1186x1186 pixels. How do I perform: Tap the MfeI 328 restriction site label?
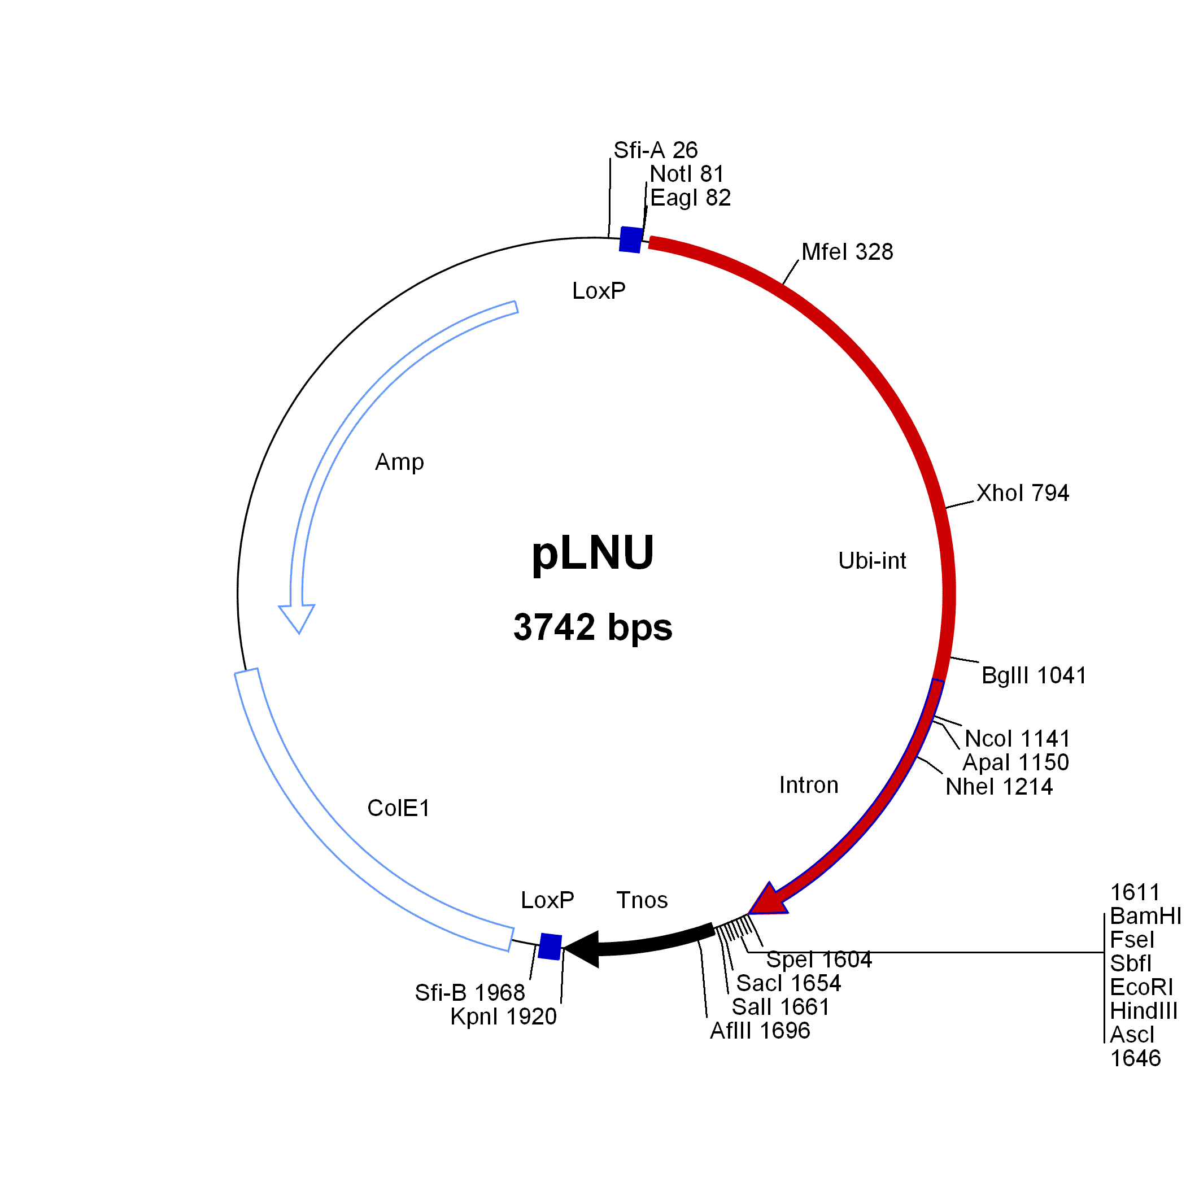pyautogui.click(x=847, y=252)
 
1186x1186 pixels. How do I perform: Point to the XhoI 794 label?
pyautogui.click(x=1023, y=493)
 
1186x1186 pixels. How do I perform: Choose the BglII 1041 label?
pyautogui.click(x=1034, y=675)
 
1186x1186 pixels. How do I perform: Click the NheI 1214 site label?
pyautogui.click(x=998, y=786)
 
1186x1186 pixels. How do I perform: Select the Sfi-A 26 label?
pyautogui.click(x=656, y=150)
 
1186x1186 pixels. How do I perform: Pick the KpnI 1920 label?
pyautogui.click(x=503, y=1017)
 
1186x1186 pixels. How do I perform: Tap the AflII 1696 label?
pyautogui.click(x=760, y=1031)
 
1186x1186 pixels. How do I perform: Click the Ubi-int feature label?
pyautogui.click(x=873, y=560)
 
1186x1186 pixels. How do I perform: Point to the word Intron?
pyautogui.click(x=809, y=785)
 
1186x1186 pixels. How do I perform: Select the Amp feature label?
pyautogui.click(x=399, y=462)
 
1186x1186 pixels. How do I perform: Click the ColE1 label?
pyautogui.click(x=398, y=808)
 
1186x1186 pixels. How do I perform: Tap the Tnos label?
pyautogui.click(x=642, y=900)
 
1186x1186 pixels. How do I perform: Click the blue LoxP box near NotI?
pyautogui.click(x=630, y=239)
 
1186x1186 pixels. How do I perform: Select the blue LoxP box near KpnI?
pyautogui.click(x=550, y=947)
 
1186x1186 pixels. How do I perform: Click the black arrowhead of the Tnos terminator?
pyautogui.click(x=582, y=949)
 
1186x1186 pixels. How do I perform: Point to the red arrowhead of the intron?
pyautogui.click(x=768, y=902)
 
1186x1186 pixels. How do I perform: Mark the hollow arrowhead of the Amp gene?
pyautogui.click(x=297, y=617)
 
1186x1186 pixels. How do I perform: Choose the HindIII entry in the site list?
pyautogui.click(x=1144, y=1010)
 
